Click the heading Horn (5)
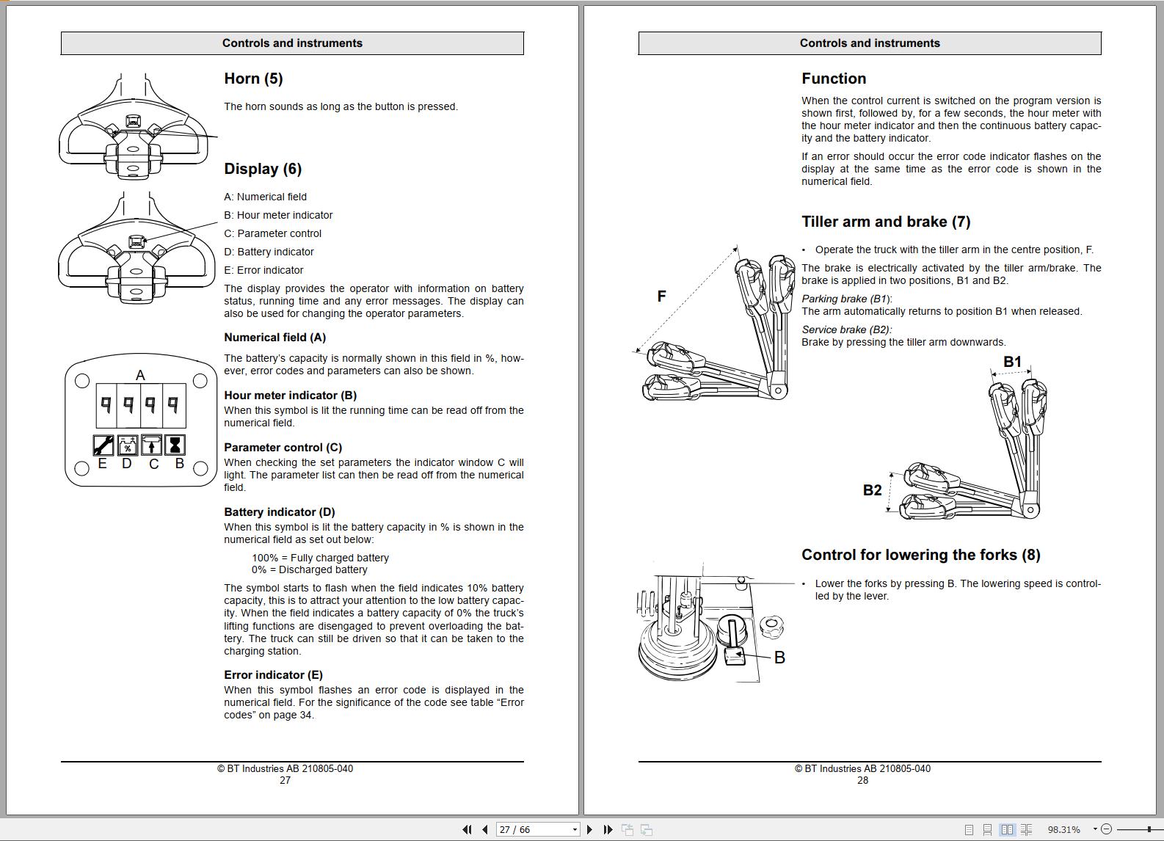pos(253,79)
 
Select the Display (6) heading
pos(263,170)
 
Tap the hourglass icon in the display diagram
pos(175,445)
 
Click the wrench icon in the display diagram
pos(103,445)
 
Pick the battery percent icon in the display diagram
pos(128,445)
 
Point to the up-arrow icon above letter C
pos(151,445)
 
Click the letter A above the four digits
pos(140,376)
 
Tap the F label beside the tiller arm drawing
pos(661,296)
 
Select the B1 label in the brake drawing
pos(1012,362)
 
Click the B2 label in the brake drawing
pos(872,490)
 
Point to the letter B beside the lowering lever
pos(779,658)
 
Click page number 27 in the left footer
pos(285,781)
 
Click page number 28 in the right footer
pos(862,781)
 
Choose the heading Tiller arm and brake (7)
pos(886,222)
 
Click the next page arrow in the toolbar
pos(589,829)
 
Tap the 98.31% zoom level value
pos(1063,829)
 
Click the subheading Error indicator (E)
pos(273,675)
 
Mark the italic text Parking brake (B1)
pos(846,299)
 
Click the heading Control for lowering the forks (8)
pos(920,556)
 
